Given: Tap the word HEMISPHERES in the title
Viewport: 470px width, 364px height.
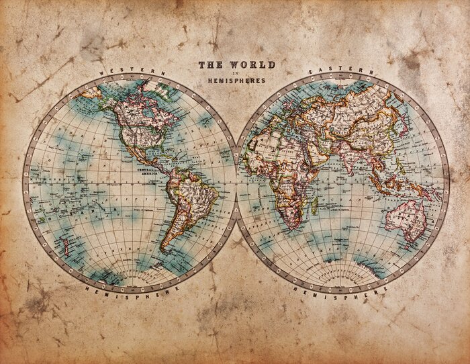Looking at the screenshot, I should point(236,81).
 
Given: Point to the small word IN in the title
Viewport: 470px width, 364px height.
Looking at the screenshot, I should point(236,73).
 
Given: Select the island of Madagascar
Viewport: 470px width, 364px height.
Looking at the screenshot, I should point(313,204).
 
